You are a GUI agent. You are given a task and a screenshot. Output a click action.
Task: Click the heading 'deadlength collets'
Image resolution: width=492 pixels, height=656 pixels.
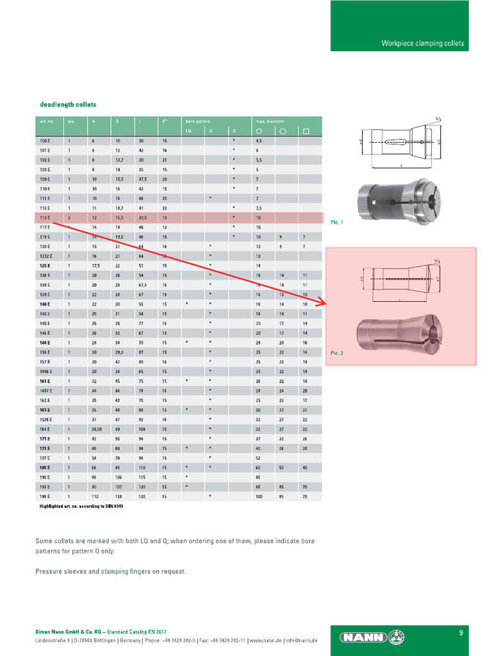tap(68, 104)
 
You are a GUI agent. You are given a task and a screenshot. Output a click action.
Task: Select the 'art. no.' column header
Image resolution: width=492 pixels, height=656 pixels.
tap(46, 121)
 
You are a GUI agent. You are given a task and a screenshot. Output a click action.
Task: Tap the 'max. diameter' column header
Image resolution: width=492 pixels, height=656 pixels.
tap(270, 121)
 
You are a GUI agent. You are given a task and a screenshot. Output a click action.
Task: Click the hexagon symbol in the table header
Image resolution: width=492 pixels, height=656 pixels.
tap(282, 131)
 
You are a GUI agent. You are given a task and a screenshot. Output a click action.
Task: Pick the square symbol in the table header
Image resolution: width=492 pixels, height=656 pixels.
tap(306, 131)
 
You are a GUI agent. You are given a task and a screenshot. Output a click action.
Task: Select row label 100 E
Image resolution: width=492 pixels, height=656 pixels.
tap(44, 140)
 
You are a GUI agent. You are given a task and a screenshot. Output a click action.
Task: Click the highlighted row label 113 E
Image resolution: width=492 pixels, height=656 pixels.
tap(44, 218)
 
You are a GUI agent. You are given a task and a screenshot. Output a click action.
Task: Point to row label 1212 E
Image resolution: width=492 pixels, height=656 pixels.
tap(45, 256)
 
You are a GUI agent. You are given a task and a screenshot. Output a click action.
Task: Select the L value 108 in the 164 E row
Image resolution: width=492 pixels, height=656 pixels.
tap(142, 429)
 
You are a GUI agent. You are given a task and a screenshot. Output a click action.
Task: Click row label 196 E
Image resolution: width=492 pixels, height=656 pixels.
tap(44, 496)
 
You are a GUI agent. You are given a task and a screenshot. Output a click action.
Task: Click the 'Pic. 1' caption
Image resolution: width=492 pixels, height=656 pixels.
tap(336, 222)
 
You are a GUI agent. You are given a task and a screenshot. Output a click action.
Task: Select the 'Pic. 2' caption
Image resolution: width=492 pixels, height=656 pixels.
tap(336, 353)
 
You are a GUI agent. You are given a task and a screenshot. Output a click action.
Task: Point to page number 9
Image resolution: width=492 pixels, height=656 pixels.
tap(461, 633)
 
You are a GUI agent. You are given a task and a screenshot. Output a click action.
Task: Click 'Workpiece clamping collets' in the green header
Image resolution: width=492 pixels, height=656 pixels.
tap(422, 44)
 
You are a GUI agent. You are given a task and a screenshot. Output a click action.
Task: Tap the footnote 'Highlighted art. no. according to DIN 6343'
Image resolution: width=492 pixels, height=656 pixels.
tap(81, 506)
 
